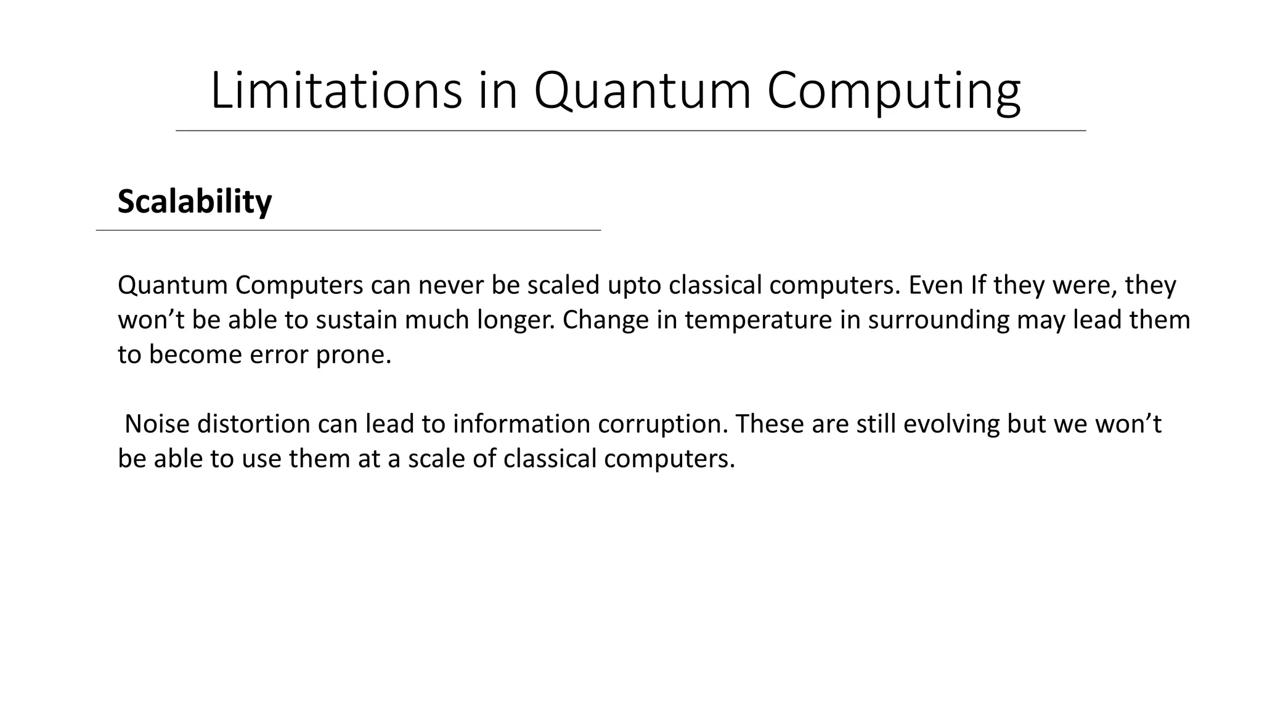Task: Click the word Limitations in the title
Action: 336,91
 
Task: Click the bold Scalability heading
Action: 194,202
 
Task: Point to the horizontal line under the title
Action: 630,131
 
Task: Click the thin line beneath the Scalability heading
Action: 348,230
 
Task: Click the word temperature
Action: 758,320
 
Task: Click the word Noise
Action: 157,424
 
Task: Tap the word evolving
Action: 951,425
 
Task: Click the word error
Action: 277,355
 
